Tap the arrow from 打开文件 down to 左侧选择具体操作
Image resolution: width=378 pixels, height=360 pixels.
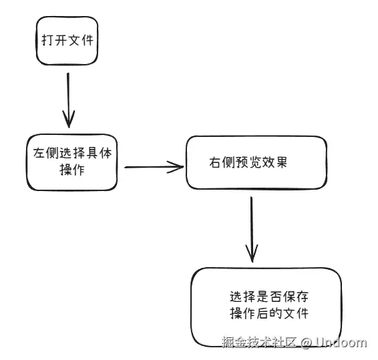(x=69, y=100)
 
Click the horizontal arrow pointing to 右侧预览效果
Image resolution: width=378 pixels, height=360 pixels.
(x=154, y=167)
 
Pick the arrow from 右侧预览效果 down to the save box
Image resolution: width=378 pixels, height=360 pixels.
(x=252, y=229)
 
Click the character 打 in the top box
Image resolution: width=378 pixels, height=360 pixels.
(x=47, y=40)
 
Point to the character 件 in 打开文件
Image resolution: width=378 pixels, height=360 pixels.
(x=87, y=40)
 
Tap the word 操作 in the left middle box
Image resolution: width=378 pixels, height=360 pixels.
(x=72, y=170)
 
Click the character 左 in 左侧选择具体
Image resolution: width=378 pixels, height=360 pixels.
(x=39, y=153)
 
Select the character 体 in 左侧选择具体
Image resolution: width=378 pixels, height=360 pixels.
(x=106, y=153)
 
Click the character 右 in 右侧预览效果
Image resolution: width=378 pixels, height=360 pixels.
(x=215, y=162)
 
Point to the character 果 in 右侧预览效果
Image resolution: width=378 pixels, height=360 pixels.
(x=281, y=162)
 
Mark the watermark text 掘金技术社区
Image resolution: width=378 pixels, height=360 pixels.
(x=259, y=342)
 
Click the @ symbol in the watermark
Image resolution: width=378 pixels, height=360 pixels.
(x=306, y=343)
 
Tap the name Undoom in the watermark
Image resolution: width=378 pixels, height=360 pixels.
(x=341, y=342)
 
